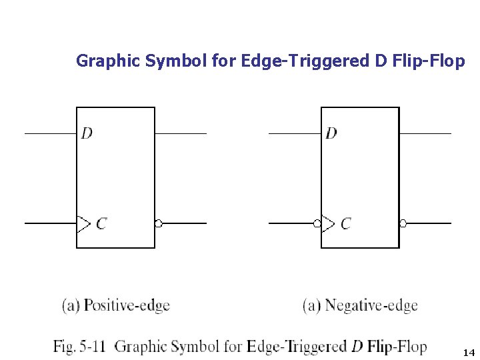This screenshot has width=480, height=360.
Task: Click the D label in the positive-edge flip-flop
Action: [x=87, y=133]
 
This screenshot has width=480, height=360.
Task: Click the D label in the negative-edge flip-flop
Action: [x=331, y=133]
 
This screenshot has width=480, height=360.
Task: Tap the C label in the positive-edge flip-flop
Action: [x=101, y=224]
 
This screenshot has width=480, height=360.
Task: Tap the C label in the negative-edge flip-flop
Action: [x=345, y=224]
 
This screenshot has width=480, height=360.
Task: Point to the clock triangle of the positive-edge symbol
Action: [x=83, y=223]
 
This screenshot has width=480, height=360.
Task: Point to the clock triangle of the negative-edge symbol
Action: [x=327, y=223]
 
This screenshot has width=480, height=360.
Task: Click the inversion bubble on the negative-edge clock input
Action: [x=317, y=223]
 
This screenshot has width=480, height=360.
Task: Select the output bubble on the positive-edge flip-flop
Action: [x=159, y=223]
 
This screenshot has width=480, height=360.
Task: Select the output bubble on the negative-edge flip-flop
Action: [x=403, y=223]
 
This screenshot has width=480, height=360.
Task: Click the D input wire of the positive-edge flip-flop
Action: [x=51, y=133]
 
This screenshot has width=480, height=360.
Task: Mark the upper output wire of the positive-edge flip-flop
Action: [x=181, y=133]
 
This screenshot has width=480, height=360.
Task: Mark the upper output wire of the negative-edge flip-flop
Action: [x=425, y=133]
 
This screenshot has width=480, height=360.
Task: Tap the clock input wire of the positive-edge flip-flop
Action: [x=51, y=223]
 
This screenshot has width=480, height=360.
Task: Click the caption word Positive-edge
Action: [x=127, y=306]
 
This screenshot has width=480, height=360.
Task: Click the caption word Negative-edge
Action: [x=371, y=306]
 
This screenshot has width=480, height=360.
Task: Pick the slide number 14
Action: [x=468, y=352]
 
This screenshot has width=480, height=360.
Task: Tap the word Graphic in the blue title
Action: [x=101, y=61]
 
